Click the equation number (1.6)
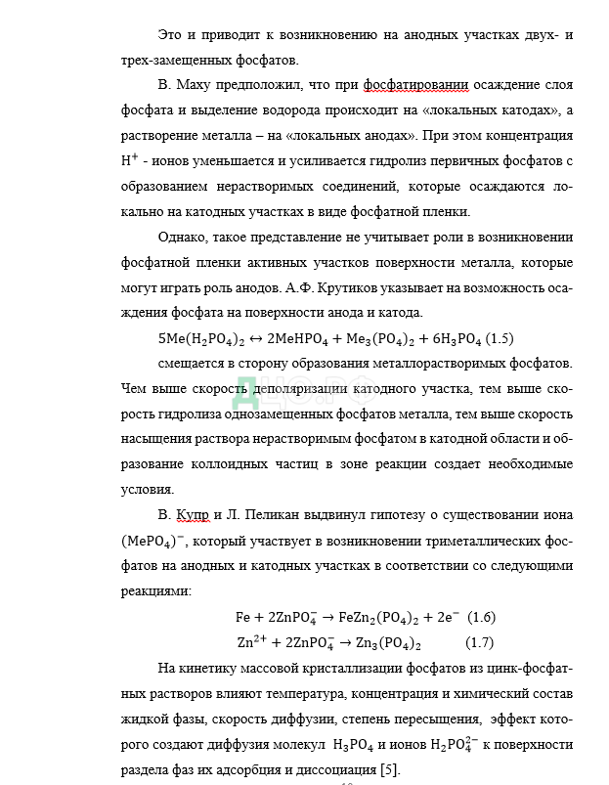click(x=482, y=617)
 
